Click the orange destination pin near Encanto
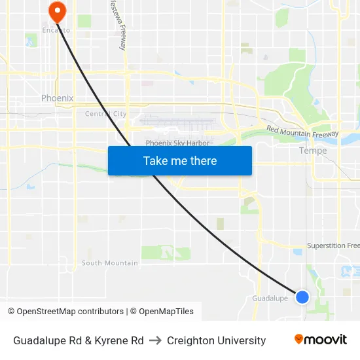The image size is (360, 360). tap(57, 10)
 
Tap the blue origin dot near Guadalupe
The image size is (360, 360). tap(302, 297)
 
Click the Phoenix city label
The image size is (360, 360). tap(57, 98)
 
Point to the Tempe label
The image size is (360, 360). tap(312, 151)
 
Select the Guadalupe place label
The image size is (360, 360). tap(270, 298)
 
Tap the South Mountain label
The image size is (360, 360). tap(109, 263)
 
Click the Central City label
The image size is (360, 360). tap(105, 114)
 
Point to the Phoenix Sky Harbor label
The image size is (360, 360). tap(177, 143)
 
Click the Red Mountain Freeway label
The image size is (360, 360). tap(302, 132)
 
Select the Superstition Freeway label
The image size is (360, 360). tap(333, 245)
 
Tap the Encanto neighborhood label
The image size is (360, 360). tap(56, 30)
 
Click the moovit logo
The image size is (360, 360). tap(321, 340)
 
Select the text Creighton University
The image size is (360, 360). tap(216, 340)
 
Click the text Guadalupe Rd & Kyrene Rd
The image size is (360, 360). tap(79, 340)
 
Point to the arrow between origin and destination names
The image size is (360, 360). tap(155, 340)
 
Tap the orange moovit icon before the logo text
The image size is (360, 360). tap(299, 339)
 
